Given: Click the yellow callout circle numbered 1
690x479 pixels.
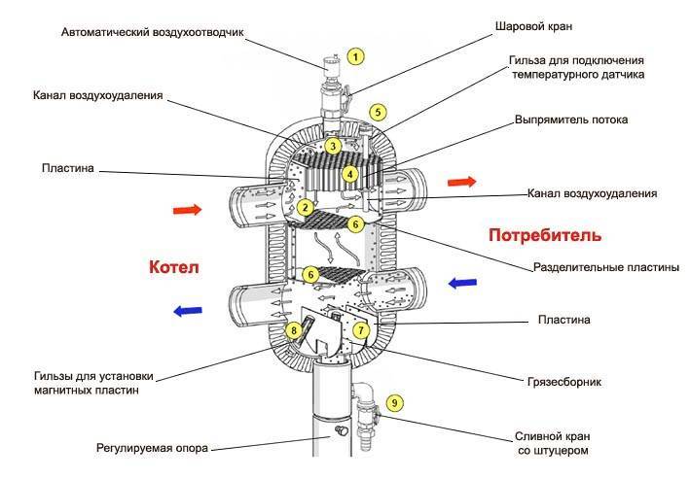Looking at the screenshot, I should click(356, 56).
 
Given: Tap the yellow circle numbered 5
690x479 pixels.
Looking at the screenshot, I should click(379, 112).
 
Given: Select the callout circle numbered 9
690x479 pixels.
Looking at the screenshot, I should click(393, 402).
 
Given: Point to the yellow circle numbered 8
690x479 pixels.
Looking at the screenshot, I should click(294, 331).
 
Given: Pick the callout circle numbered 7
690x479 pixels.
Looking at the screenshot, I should click(362, 330).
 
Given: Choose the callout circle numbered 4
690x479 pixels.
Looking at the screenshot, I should click(349, 175).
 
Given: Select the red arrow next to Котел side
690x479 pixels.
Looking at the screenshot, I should click(187, 209).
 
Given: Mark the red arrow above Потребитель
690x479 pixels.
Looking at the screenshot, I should click(461, 181).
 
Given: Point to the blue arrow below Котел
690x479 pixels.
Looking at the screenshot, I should click(187, 311).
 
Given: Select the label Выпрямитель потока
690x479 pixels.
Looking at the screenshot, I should click(571, 120).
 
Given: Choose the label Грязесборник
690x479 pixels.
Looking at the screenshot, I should click(563, 382).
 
